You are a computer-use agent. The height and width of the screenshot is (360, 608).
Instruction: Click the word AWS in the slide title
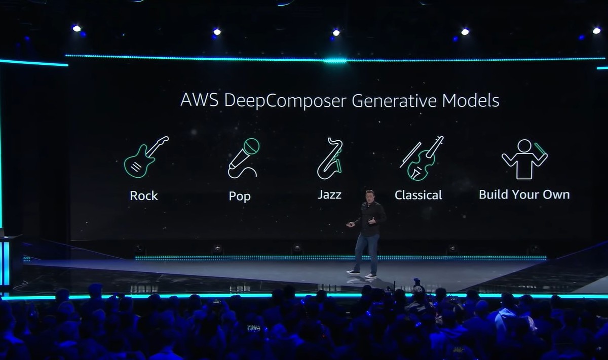[200, 100]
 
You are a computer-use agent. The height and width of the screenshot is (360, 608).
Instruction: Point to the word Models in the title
[471, 100]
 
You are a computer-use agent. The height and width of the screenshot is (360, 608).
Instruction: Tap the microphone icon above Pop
[243, 158]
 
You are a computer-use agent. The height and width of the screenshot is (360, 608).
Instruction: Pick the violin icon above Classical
[422, 158]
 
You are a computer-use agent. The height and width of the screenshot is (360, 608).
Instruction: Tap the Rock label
[144, 196]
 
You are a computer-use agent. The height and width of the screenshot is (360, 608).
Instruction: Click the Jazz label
[329, 195]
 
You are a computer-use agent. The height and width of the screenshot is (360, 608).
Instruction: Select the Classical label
[419, 195]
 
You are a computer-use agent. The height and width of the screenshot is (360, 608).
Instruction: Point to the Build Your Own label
[524, 194]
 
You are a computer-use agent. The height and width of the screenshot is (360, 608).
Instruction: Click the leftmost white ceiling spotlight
[77, 28]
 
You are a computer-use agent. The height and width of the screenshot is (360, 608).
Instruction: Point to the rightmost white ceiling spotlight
[596, 31]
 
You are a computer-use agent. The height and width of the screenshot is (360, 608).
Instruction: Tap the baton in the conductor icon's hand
[541, 148]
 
